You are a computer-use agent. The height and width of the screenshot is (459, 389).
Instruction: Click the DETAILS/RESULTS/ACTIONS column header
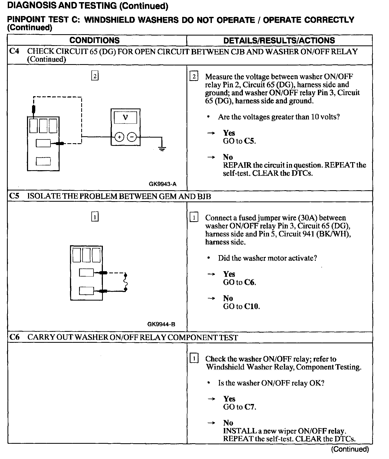[279, 40]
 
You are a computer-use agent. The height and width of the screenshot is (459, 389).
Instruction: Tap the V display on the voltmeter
[125, 117]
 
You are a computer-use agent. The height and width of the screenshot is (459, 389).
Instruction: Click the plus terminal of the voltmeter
[119, 137]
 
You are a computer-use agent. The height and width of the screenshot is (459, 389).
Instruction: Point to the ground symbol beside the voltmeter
[162, 148]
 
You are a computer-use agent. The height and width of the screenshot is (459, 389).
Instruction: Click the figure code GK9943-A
[163, 184]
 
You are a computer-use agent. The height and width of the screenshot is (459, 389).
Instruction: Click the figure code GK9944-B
[161, 324]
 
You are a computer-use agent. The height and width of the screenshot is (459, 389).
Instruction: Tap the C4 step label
[14, 51]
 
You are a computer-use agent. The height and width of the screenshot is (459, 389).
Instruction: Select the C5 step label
[14, 196]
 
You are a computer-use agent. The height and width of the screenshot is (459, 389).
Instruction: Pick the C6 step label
[14, 337]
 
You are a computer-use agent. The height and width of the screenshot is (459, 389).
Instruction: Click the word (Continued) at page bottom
[350, 449]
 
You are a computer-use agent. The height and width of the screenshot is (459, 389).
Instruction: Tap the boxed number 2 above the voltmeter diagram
[95, 76]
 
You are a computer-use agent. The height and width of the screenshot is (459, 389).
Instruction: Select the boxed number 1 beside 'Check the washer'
[194, 359]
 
